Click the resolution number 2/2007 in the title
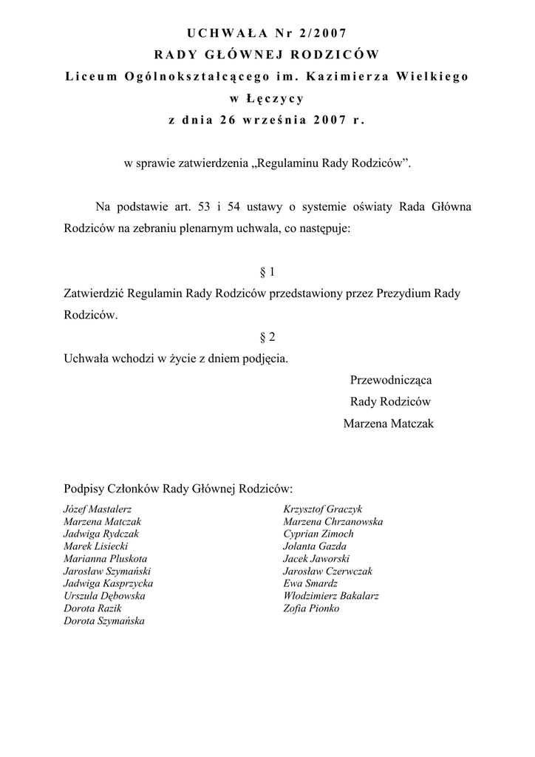click(x=322, y=33)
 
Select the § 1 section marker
click(x=267, y=272)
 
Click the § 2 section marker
click(x=267, y=337)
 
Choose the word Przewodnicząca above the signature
click(x=390, y=380)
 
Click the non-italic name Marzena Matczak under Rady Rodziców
click(x=389, y=424)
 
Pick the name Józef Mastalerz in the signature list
click(x=98, y=509)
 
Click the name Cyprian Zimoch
click(x=318, y=534)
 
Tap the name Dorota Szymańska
click(x=104, y=621)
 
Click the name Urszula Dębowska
click(x=104, y=596)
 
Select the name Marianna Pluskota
click(x=105, y=558)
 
